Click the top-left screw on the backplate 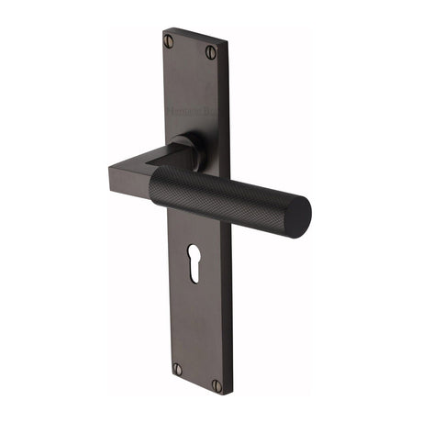pyautogui.click(x=168, y=40)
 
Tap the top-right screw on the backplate pyautogui.click(x=210, y=50)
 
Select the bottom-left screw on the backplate pyautogui.click(x=178, y=369)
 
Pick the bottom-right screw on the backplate pyautogui.click(x=217, y=385)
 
